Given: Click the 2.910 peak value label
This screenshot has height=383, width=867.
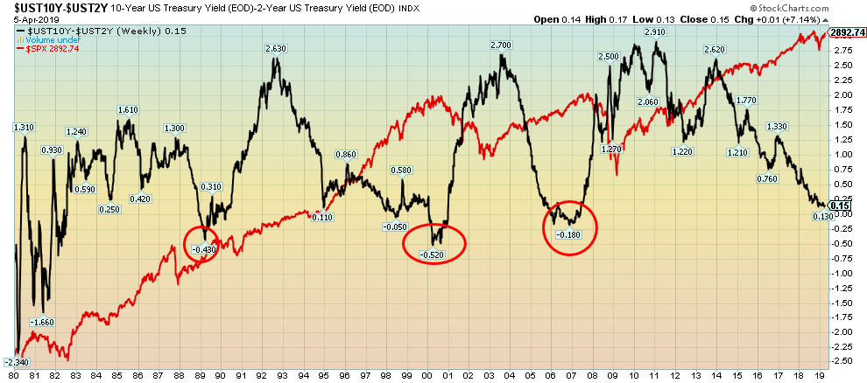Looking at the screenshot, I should click(x=654, y=32).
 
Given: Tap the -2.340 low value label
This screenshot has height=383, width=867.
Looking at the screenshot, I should click(x=17, y=362).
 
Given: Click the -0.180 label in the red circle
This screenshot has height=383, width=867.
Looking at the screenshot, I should click(x=570, y=233).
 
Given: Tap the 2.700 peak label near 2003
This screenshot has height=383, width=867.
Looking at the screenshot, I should click(x=501, y=45).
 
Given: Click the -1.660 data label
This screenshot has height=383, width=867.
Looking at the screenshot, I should click(x=43, y=323).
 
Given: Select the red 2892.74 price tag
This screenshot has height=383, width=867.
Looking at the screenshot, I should click(x=849, y=32).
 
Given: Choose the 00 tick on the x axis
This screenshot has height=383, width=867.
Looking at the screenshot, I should click(x=427, y=374).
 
